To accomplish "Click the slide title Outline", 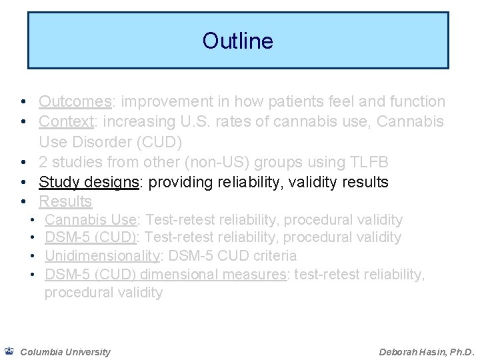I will [x=237, y=41].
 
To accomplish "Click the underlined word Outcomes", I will [x=74, y=102].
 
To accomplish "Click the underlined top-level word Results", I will [x=65, y=201].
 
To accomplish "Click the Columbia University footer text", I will [x=65, y=351].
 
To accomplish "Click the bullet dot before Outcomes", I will [x=23, y=102].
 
